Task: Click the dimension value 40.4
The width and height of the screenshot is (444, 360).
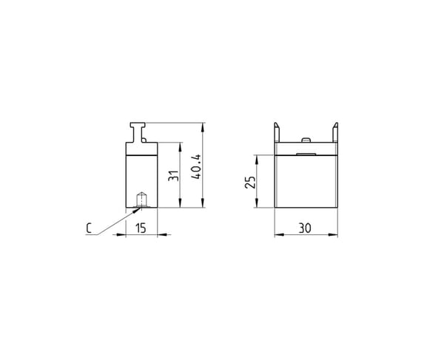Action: [x=196, y=166]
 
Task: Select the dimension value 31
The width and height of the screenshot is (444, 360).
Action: [x=173, y=176]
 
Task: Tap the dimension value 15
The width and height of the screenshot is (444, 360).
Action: [x=141, y=228]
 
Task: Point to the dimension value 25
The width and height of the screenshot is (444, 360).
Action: [x=250, y=182]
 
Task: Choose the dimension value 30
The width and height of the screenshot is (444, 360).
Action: [x=305, y=228]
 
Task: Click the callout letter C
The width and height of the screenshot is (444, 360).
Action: [x=89, y=228]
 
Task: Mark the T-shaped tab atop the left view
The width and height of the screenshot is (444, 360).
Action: [x=138, y=132]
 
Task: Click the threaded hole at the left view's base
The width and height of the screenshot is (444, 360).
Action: [x=141, y=200]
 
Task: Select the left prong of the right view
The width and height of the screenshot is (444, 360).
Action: [x=277, y=132]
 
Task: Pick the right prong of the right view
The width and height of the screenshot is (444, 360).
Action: [x=335, y=132]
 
